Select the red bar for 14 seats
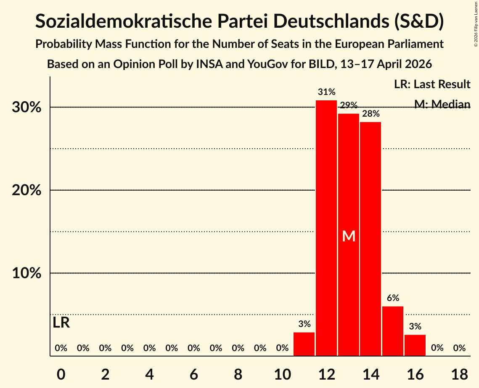click(370, 239)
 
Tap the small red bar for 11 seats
click(304, 344)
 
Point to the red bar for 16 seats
click(415, 345)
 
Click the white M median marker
click(349, 236)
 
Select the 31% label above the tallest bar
click(326, 92)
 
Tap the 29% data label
click(349, 105)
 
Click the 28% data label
click(370, 113)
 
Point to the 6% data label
click(393, 298)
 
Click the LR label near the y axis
click(61, 323)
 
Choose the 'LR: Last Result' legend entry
click(432, 84)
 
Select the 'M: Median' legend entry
click(442, 104)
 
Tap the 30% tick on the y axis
click(26, 107)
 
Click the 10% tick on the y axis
click(26, 273)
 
